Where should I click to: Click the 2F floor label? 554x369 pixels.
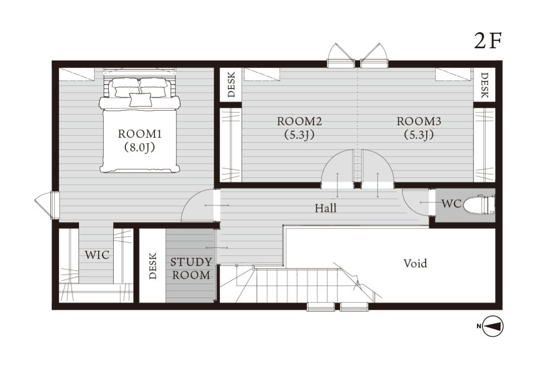[x=488, y=41]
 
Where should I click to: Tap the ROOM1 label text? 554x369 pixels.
[x=140, y=134]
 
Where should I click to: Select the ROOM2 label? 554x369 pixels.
[x=299, y=121]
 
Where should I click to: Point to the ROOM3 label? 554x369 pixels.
[x=419, y=121]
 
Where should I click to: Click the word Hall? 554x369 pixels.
[x=325, y=208]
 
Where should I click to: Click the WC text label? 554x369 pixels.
[x=452, y=204]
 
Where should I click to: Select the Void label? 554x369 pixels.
[x=415, y=263]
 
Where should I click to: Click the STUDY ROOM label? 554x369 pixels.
[x=191, y=268]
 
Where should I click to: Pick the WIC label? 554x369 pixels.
[x=97, y=255]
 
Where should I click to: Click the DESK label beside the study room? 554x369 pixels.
[x=153, y=266]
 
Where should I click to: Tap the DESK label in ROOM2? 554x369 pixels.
[x=231, y=85]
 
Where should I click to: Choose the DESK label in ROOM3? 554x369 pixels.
[x=484, y=85]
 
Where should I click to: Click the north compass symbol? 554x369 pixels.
[x=493, y=326]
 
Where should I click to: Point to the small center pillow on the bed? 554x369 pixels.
[x=141, y=100]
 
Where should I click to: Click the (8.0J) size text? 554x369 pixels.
[x=140, y=147]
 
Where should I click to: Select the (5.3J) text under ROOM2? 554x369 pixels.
[x=299, y=134]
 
